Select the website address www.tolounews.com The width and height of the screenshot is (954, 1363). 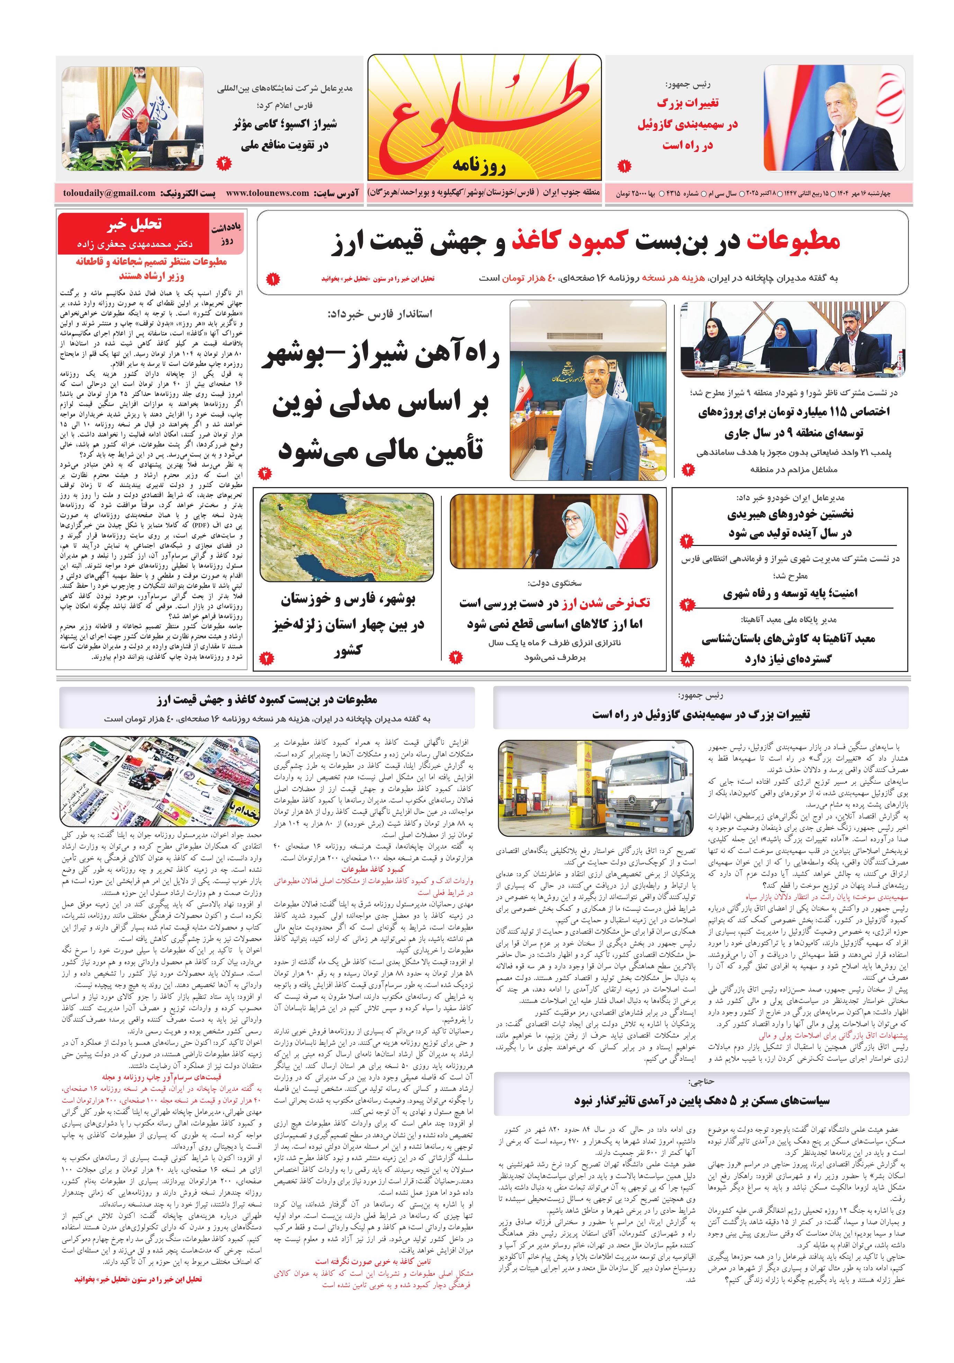click(x=267, y=193)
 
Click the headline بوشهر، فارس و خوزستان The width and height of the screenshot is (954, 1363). click(x=348, y=600)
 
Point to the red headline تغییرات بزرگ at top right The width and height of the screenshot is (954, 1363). click(x=687, y=103)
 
